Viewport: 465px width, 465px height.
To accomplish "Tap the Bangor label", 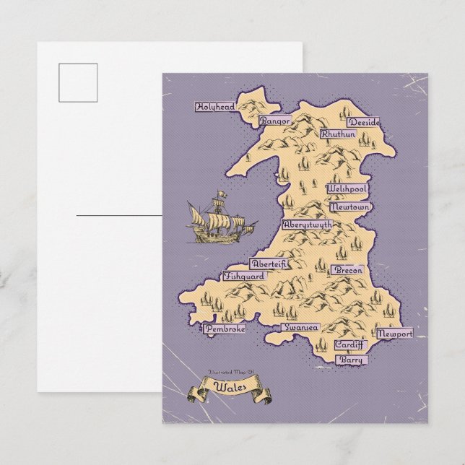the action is [x=277, y=121].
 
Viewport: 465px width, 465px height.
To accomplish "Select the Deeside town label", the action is [x=363, y=122].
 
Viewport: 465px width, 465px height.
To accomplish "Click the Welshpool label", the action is [x=347, y=188].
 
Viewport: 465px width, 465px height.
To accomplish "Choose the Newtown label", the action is [x=349, y=207].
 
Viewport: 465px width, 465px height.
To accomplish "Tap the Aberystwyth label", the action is [x=308, y=225].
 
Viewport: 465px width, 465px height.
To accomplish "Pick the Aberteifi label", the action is [x=268, y=264].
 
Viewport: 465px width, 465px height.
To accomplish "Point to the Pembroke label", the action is [x=224, y=329].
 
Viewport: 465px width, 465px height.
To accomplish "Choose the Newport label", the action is [x=394, y=336].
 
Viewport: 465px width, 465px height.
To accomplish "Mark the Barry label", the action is [x=352, y=359].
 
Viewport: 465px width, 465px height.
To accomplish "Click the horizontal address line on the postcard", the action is [x=120, y=214].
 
